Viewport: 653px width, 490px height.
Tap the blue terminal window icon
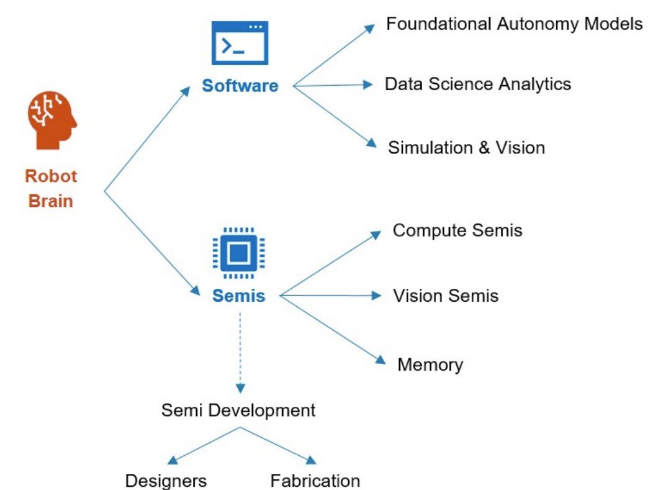point(240,43)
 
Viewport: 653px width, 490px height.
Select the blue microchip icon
point(238,253)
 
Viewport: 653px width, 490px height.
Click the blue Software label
point(240,86)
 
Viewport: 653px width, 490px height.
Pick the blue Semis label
point(238,296)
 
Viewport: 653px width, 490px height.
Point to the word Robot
point(51,176)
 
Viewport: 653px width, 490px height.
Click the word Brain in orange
point(51,201)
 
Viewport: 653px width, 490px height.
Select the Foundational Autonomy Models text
point(515,24)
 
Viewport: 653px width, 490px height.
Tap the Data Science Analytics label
point(478,84)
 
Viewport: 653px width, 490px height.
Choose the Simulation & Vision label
point(466,148)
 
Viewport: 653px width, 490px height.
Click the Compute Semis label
point(457,230)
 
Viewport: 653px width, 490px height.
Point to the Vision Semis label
point(446,296)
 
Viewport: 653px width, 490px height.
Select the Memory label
point(430,365)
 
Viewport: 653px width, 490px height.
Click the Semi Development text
point(238,411)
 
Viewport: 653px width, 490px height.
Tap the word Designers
point(166,481)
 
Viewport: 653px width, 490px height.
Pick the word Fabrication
point(315,481)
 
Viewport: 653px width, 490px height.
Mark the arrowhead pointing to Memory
point(381,360)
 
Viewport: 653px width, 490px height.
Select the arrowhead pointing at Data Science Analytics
point(367,85)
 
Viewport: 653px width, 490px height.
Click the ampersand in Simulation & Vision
point(484,148)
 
